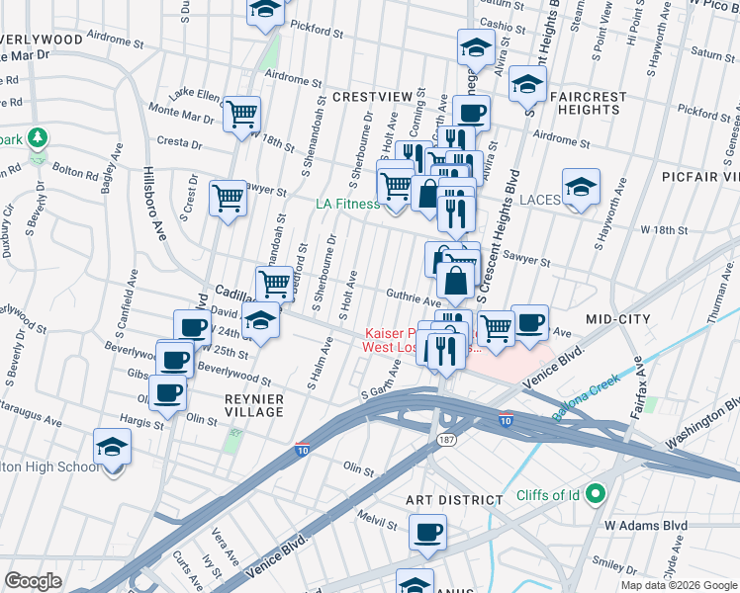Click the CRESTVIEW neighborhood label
(x=371, y=96)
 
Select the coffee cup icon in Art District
(x=428, y=532)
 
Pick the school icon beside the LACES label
(x=581, y=185)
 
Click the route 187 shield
(x=447, y=438)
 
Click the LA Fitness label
(x=347, y=204)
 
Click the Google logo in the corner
(x=33, y=581)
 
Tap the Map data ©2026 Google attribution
(x=678, y=586)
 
